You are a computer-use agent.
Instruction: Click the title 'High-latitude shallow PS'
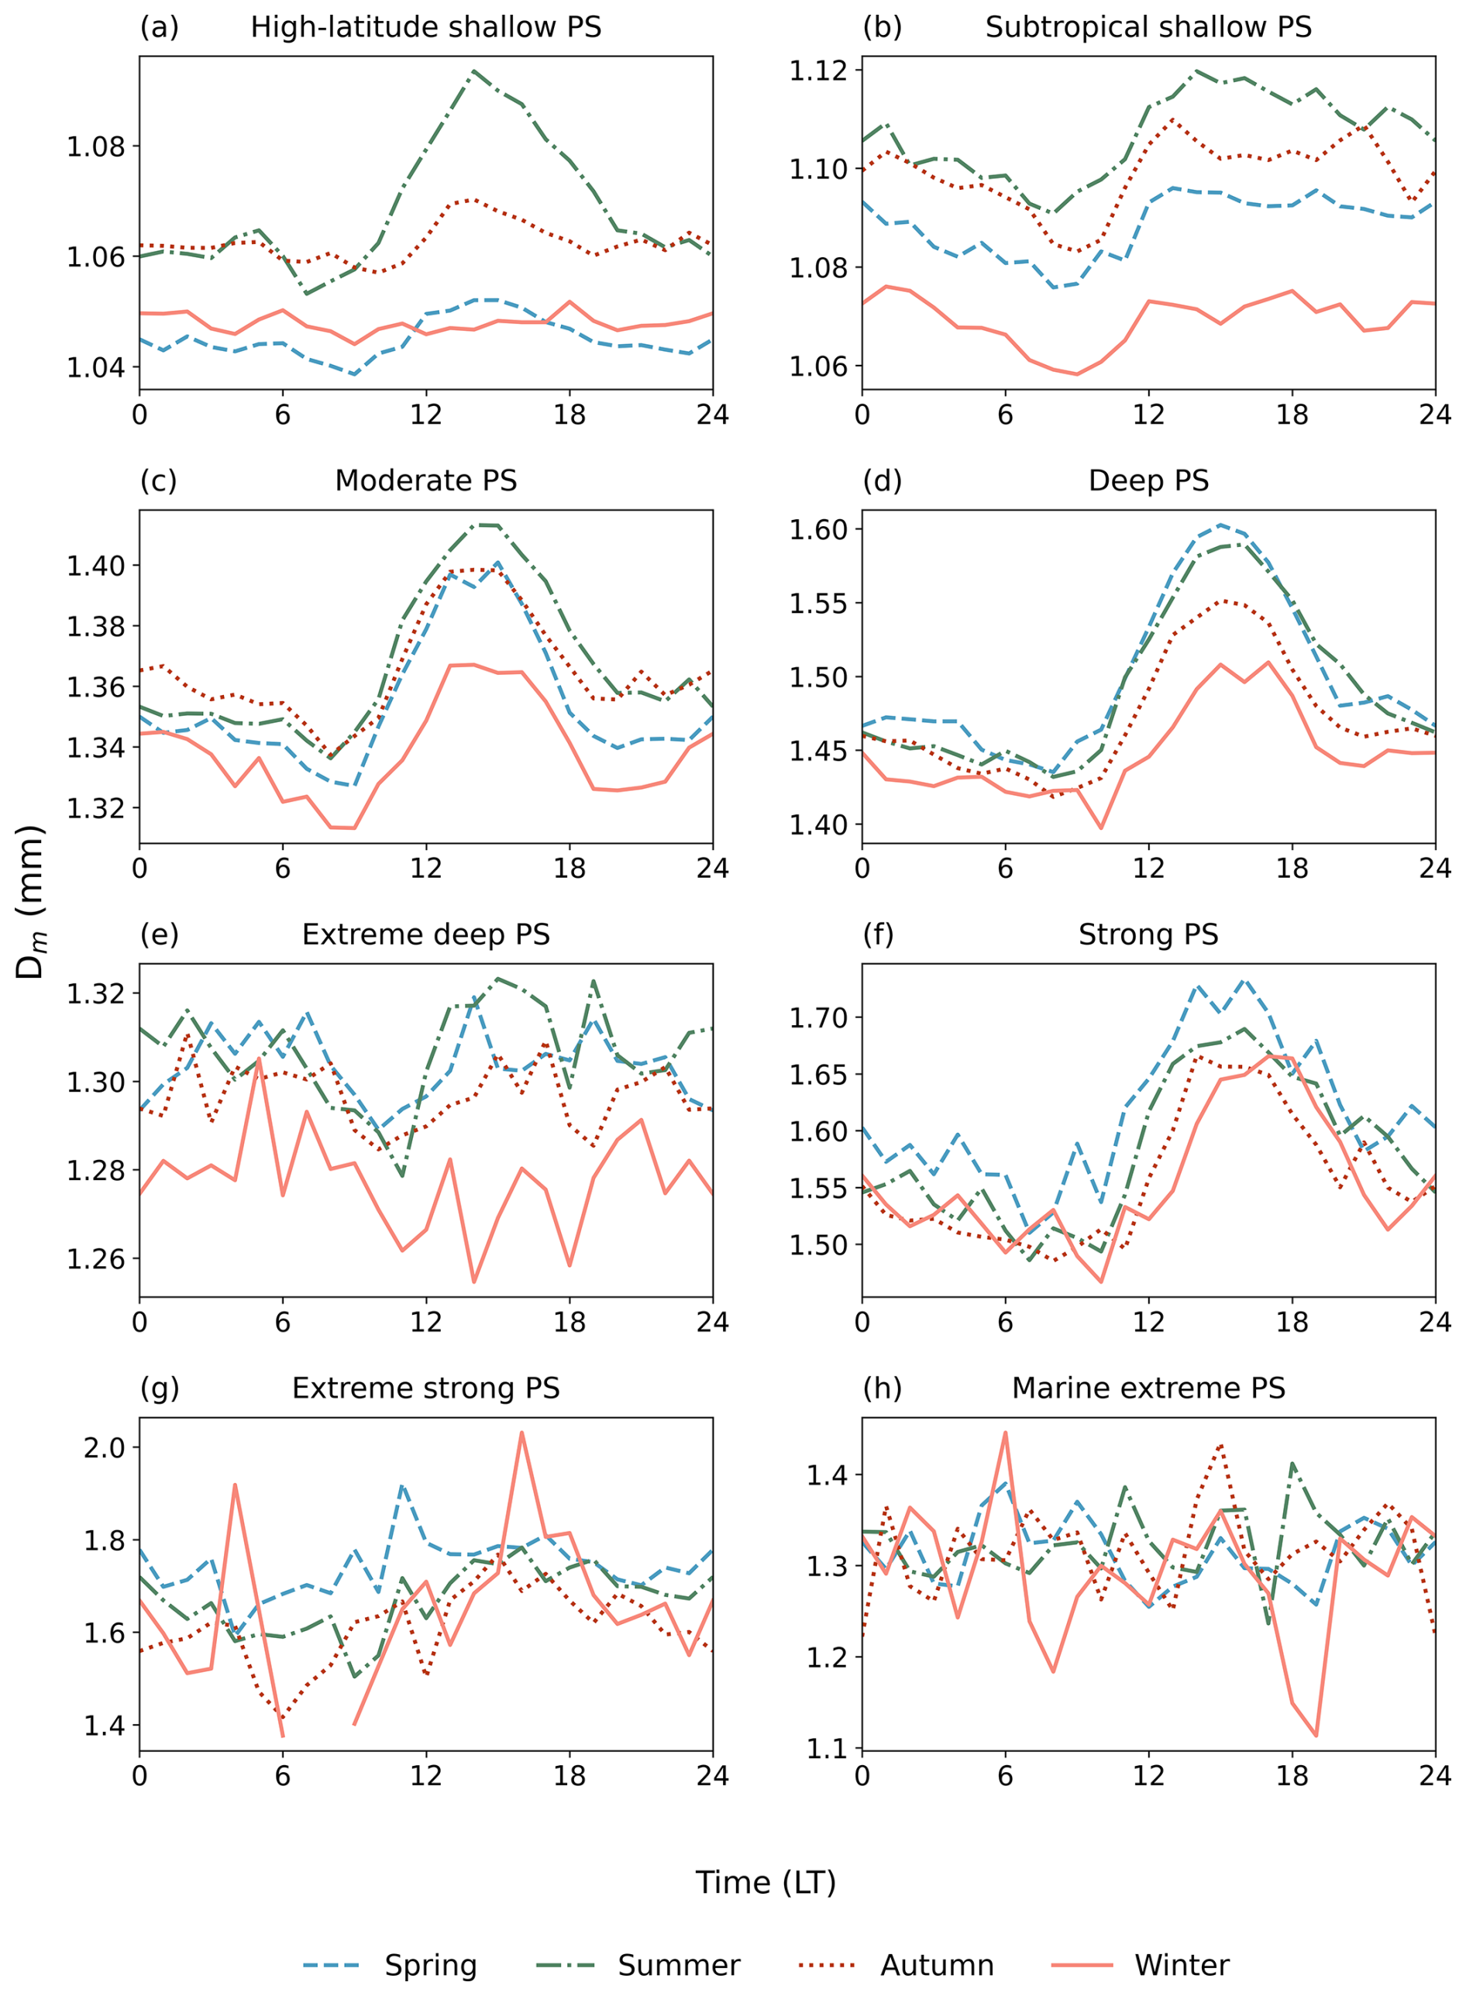(x=426, y=28)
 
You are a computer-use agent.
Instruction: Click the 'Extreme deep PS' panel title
(x=426, y=934)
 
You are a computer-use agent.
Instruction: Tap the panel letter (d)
(x=882, y=481)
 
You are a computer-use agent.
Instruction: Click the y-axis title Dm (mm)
(x=31, y=902)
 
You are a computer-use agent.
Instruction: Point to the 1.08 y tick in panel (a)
(x=96, y=146)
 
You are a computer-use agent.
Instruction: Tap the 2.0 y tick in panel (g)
(x=105, y=1447)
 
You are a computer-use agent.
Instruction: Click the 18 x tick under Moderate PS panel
(x=570, y=868)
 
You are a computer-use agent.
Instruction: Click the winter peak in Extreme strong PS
(x=521, y=1433)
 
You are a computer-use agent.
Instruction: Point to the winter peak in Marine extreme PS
(x=1006, y=1432)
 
